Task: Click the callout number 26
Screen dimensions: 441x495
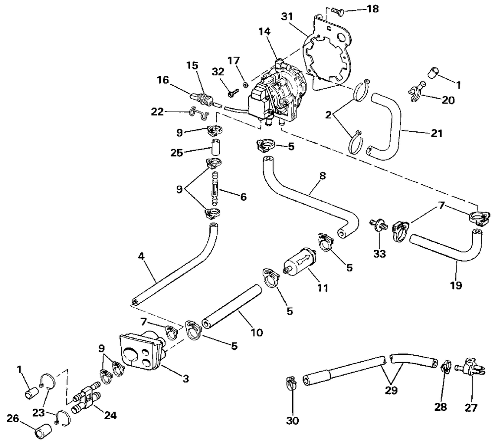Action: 13,419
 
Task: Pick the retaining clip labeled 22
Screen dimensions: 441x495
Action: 198,113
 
